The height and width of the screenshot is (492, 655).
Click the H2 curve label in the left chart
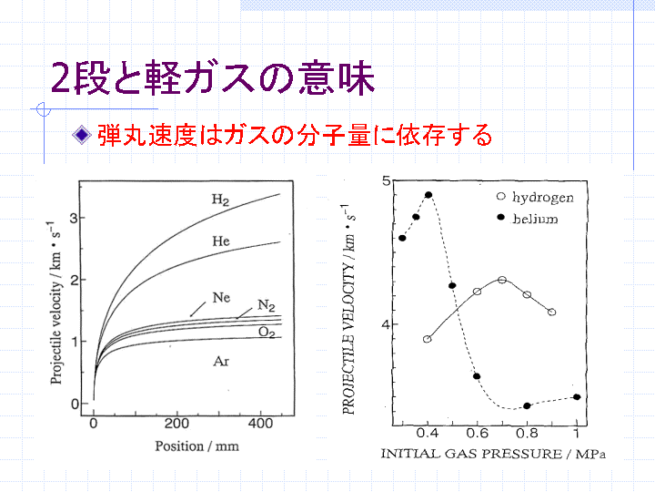[220, 200]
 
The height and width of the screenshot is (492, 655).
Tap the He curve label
[220, 241]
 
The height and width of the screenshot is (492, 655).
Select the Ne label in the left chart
[221, 297]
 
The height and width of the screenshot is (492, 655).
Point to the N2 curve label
[266, 305]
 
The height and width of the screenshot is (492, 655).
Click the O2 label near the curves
[267, 333]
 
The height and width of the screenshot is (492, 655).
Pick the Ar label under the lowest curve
[221, 361]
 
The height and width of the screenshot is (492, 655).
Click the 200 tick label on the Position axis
[176, 424]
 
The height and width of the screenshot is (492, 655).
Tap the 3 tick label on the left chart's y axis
[74, 218]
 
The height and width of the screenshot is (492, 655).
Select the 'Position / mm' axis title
[196, 446]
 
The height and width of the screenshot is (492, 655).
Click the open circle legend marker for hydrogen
[501, 196]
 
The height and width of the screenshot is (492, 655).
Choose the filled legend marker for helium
[501, 217]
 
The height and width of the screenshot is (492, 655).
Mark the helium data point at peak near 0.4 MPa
[428, 195]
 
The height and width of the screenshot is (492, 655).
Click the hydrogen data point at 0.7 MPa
[502, 280]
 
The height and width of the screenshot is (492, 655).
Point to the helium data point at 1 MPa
[577, 397]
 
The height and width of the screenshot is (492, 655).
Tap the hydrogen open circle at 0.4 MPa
[427, 339]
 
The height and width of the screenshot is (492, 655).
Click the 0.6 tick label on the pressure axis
[477, 433]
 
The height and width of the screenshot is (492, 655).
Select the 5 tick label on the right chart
[386, 180]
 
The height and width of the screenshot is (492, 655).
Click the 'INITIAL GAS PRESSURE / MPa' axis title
[493, 454]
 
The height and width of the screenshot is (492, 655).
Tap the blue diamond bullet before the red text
[82, 135]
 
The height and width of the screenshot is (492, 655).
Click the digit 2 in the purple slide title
[60, 78]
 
